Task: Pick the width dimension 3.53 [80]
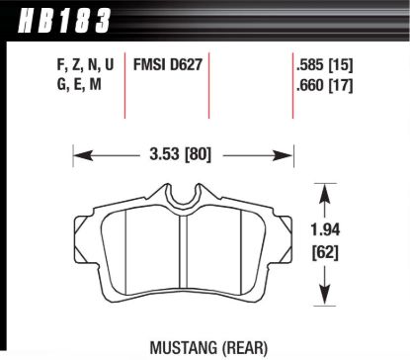pos(183,154)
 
